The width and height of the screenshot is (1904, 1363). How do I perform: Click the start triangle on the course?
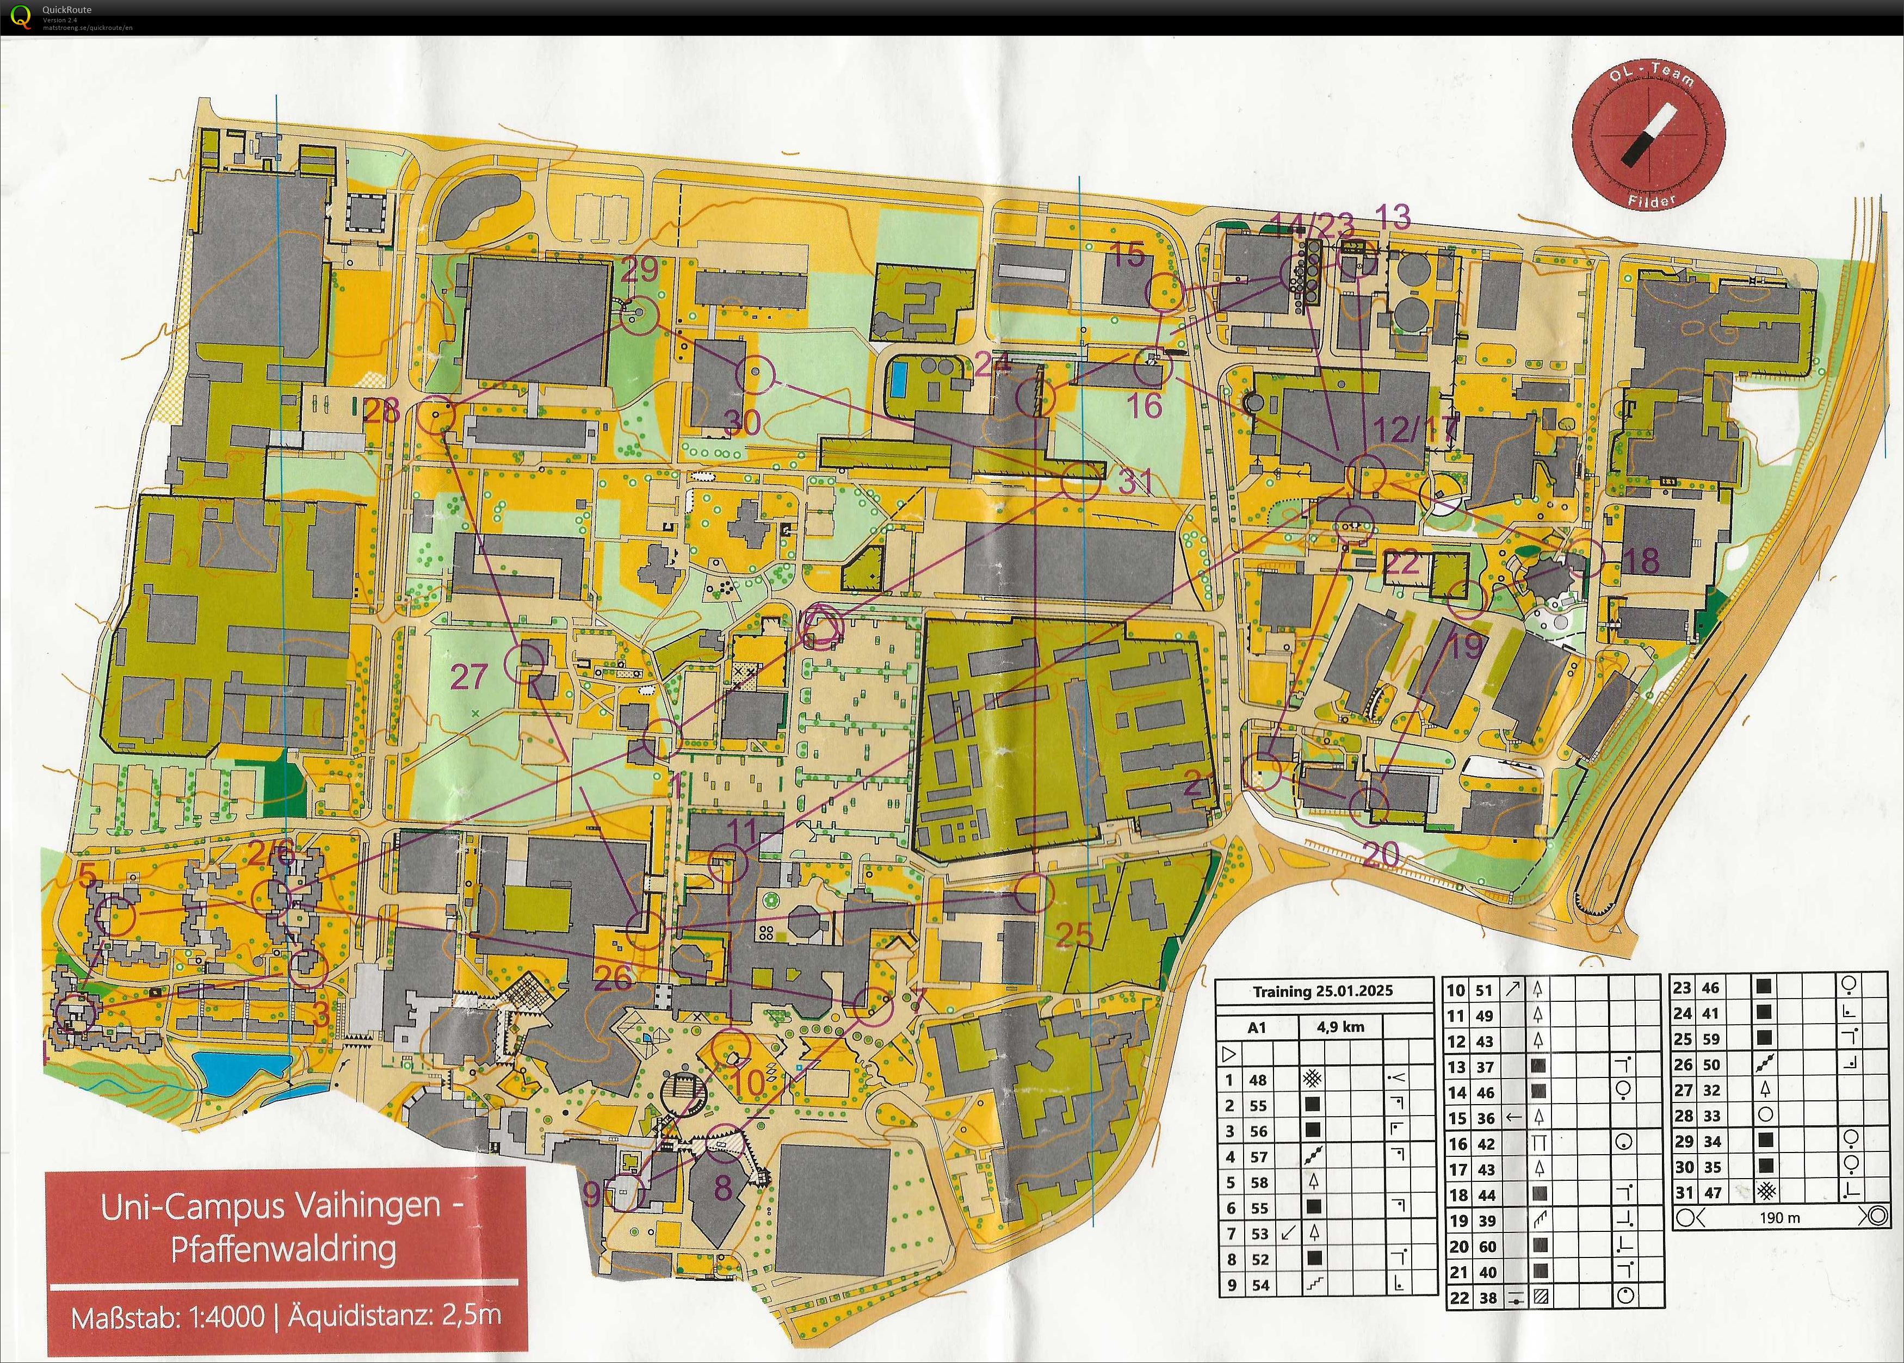tap(822, 625)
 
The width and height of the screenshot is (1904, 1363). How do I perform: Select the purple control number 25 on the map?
tap(1074, 934)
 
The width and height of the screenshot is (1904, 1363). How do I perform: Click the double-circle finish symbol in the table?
tap(1874, 1218)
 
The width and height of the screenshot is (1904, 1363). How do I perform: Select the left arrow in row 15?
tap(1513, 1117)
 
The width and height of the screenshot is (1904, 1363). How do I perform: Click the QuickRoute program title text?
tap(67, 9)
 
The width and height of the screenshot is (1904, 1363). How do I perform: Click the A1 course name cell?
tap(1257, 1026)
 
